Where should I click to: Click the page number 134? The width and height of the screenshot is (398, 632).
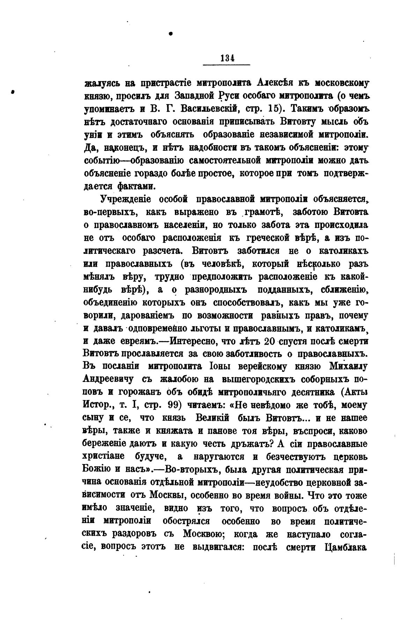[x=227, y=59]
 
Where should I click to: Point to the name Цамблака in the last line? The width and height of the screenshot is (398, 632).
[x=345, y=548]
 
